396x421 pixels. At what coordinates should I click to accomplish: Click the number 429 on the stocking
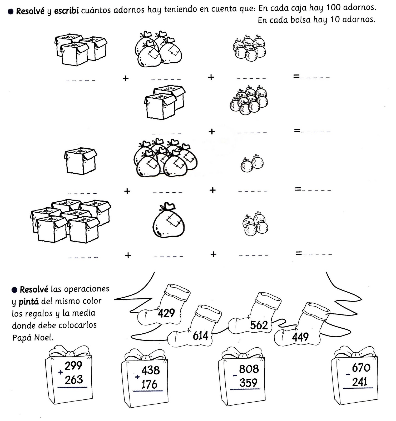pyautogui.click(x=166, y=313)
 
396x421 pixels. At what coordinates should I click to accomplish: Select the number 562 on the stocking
pyautogui.click(x=259, y=325)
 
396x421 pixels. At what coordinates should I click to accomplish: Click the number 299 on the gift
pyautogui.click(x=73, y=365)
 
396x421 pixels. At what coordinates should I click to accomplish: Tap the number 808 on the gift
pyautogui.click(x=249, y=369)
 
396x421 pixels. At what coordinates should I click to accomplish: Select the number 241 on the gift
pyautogui.click(x=360, y=382)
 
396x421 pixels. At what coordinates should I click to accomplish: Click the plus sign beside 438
pyautogui.click(x=137, y=377)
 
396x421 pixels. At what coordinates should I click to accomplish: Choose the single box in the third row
pyautogui.click(x=81, y=161)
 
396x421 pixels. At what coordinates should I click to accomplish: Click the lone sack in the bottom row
pyautogui.click(x=169, y=220)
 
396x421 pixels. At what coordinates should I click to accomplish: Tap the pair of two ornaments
pyautogui.click(x=252, y=163)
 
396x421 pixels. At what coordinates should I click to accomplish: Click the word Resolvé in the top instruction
pyautogui.click(x=30, y=11)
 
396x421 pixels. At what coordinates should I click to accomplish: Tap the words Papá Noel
pyautogui.click(x=33, y=337)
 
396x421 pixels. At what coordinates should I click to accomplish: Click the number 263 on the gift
pyautogui.click(x=74, y=379)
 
